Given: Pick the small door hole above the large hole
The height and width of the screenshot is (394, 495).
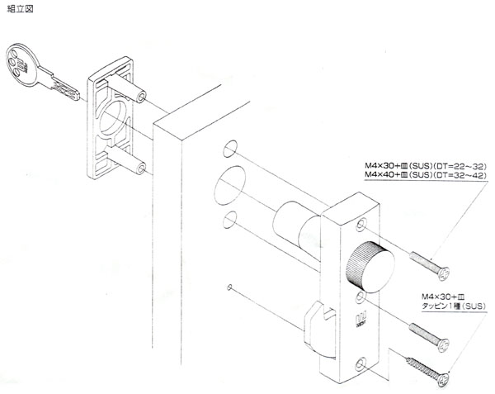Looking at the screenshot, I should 230,151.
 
